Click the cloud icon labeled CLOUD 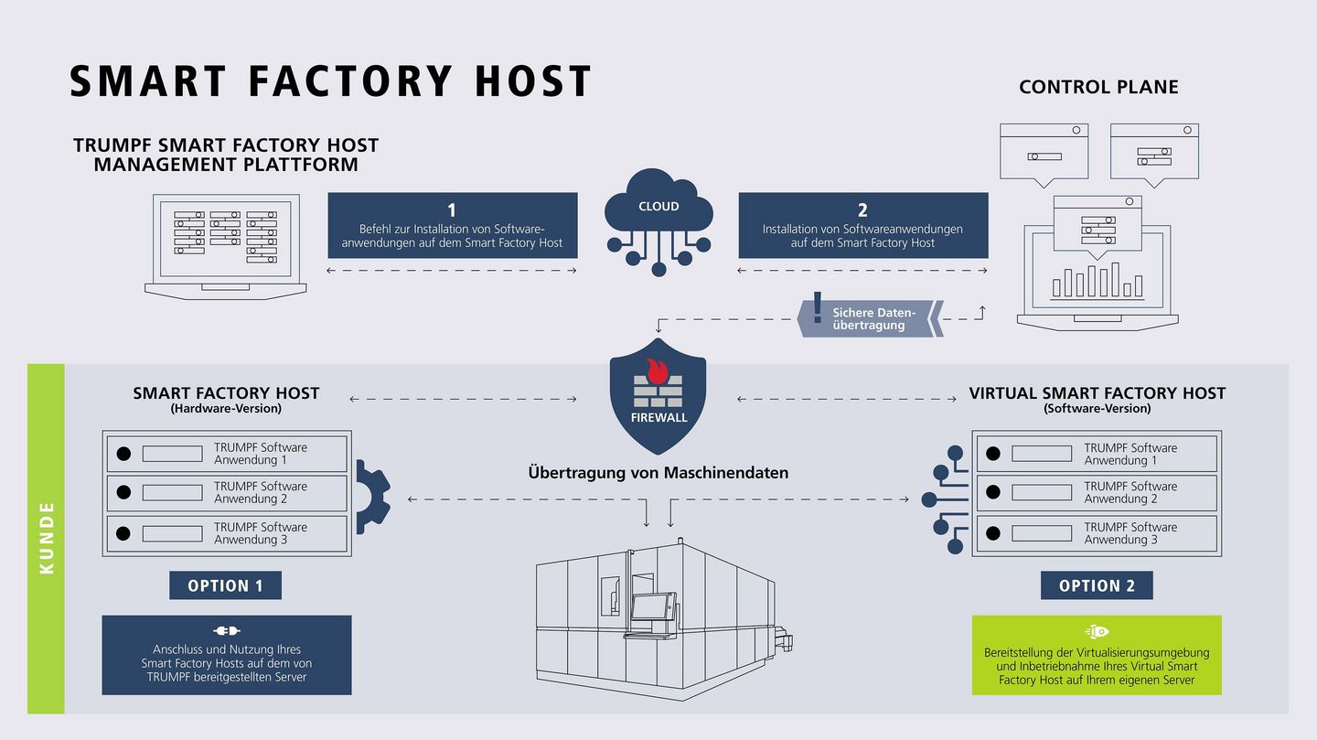pyautogui.click(x=658, y=210)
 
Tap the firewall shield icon pyautogui.click(x=658, y=393)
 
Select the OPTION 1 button pyautogui.click(x=225, y=585)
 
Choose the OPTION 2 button pyautogui.click(x=1097, y=585)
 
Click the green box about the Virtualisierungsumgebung pyautogui.click(x=1097, y=655)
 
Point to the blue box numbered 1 pyautogui.click(x=453, y=225)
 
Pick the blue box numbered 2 pyautogui.click(x=862, y=225)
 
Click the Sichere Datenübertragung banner pyautogui.click(x=869, y=318)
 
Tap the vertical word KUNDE pyautogui.click(x=47, y=538)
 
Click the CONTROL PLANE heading pyautogui.click(x=1098, y=87)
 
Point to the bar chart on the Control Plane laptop pyautogui.click(x=1097, y=281)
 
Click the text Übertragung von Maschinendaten pyautogui.click(x=658, y=473)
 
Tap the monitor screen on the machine pyautogui.click(x=649, y=609)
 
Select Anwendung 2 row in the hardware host pyautogui.click(x=228, y=493)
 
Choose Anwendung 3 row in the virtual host pyautogui.click(x=1097, y=533)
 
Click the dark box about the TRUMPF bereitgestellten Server pyautogui.click(x=226, y=655)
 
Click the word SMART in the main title pyautogui.click(x=147, y=80)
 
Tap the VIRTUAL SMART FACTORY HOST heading pyautogui.click(x=1097, y=393)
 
